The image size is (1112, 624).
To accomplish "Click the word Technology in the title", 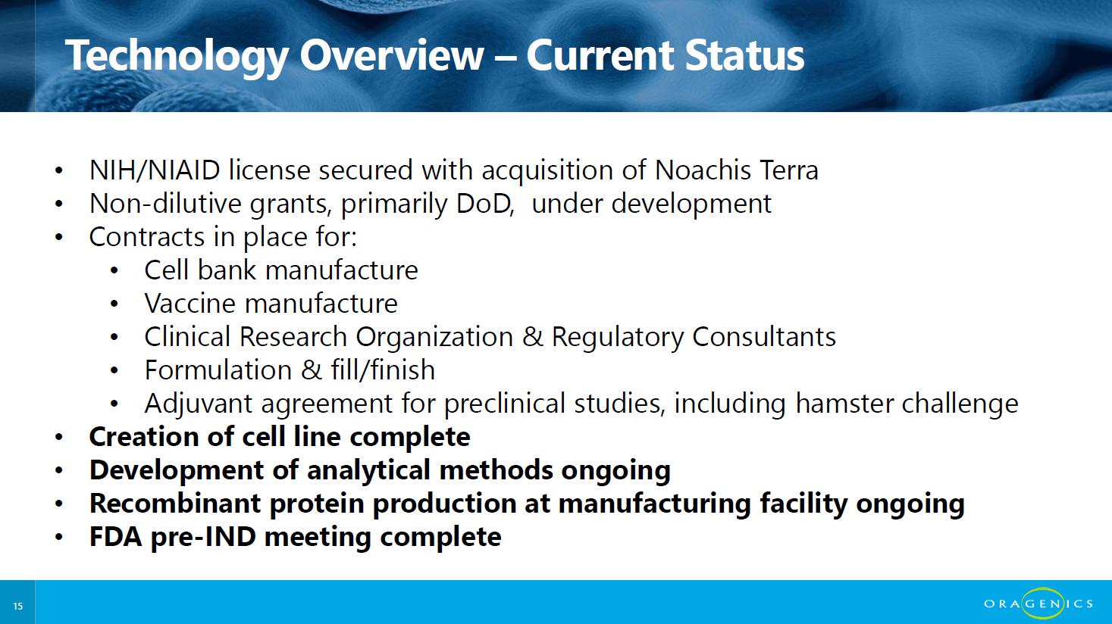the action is [177, 57].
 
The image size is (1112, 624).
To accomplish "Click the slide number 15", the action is [18, 606].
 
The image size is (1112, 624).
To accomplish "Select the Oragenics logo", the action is [1038, 603].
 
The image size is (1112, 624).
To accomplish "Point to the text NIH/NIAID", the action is [155, 170].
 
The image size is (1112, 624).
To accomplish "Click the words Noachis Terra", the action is [736, 170].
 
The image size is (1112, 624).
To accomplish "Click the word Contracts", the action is [147, 236].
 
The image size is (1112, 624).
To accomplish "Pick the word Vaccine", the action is [190, 303].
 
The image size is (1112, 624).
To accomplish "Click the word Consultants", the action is [764, 336].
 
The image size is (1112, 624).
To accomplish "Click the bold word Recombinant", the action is [175, 504].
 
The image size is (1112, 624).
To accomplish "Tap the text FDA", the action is [116, 537].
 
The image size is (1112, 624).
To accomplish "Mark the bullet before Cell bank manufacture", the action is [114, 271].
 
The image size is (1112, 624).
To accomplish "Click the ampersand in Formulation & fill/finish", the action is [312, 370].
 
